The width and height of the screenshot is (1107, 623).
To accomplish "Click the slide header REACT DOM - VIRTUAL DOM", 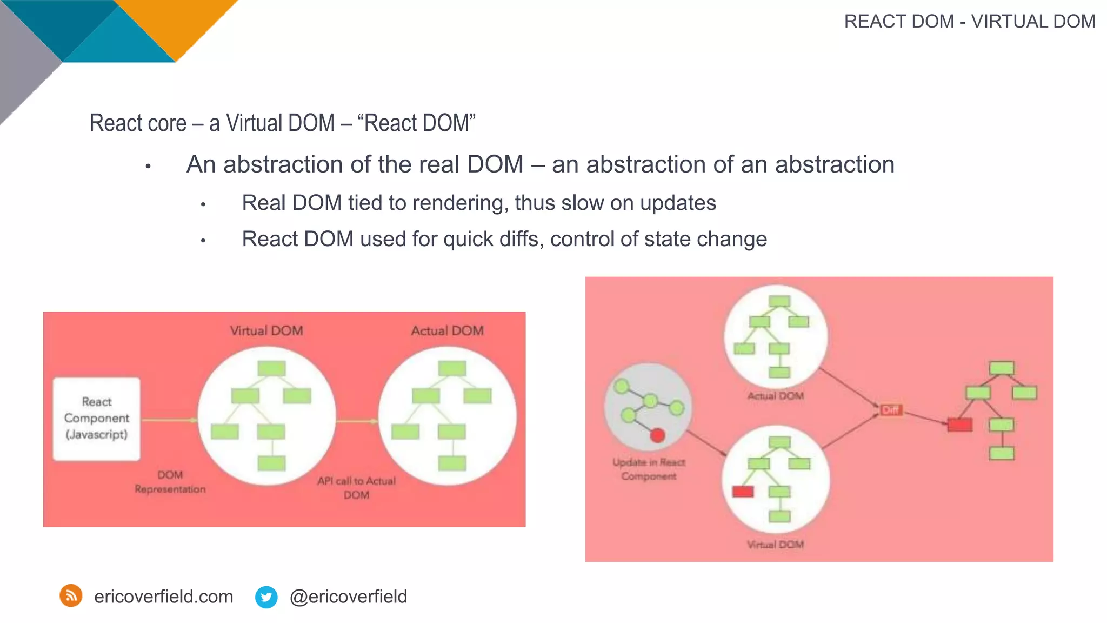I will [969, 22].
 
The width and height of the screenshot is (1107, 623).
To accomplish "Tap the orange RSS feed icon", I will [71, 596].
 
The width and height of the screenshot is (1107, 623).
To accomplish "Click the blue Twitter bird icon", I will [266, 597].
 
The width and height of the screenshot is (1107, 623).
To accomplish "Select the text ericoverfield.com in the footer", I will [163, 597].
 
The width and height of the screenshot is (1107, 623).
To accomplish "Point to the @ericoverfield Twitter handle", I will [348, 597].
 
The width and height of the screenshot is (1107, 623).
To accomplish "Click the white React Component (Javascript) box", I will [97, 419].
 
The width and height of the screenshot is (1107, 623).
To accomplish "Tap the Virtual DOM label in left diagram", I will [266, 330].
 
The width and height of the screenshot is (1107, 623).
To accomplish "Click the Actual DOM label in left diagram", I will [447, 330].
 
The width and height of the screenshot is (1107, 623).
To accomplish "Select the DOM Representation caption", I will [170, 482].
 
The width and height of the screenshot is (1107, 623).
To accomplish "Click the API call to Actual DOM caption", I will [356, 488].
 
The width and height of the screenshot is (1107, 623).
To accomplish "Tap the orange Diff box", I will [890, 410].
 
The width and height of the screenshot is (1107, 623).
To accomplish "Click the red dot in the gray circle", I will [657, 435].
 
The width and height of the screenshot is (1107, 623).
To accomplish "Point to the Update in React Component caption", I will [649, 469].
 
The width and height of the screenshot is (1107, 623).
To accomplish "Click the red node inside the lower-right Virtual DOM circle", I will [743, 492].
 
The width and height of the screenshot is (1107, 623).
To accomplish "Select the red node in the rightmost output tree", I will [959, 425].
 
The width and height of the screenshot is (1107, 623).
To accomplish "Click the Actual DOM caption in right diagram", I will [775, 396].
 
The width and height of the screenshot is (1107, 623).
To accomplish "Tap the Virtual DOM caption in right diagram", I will [775, 545].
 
